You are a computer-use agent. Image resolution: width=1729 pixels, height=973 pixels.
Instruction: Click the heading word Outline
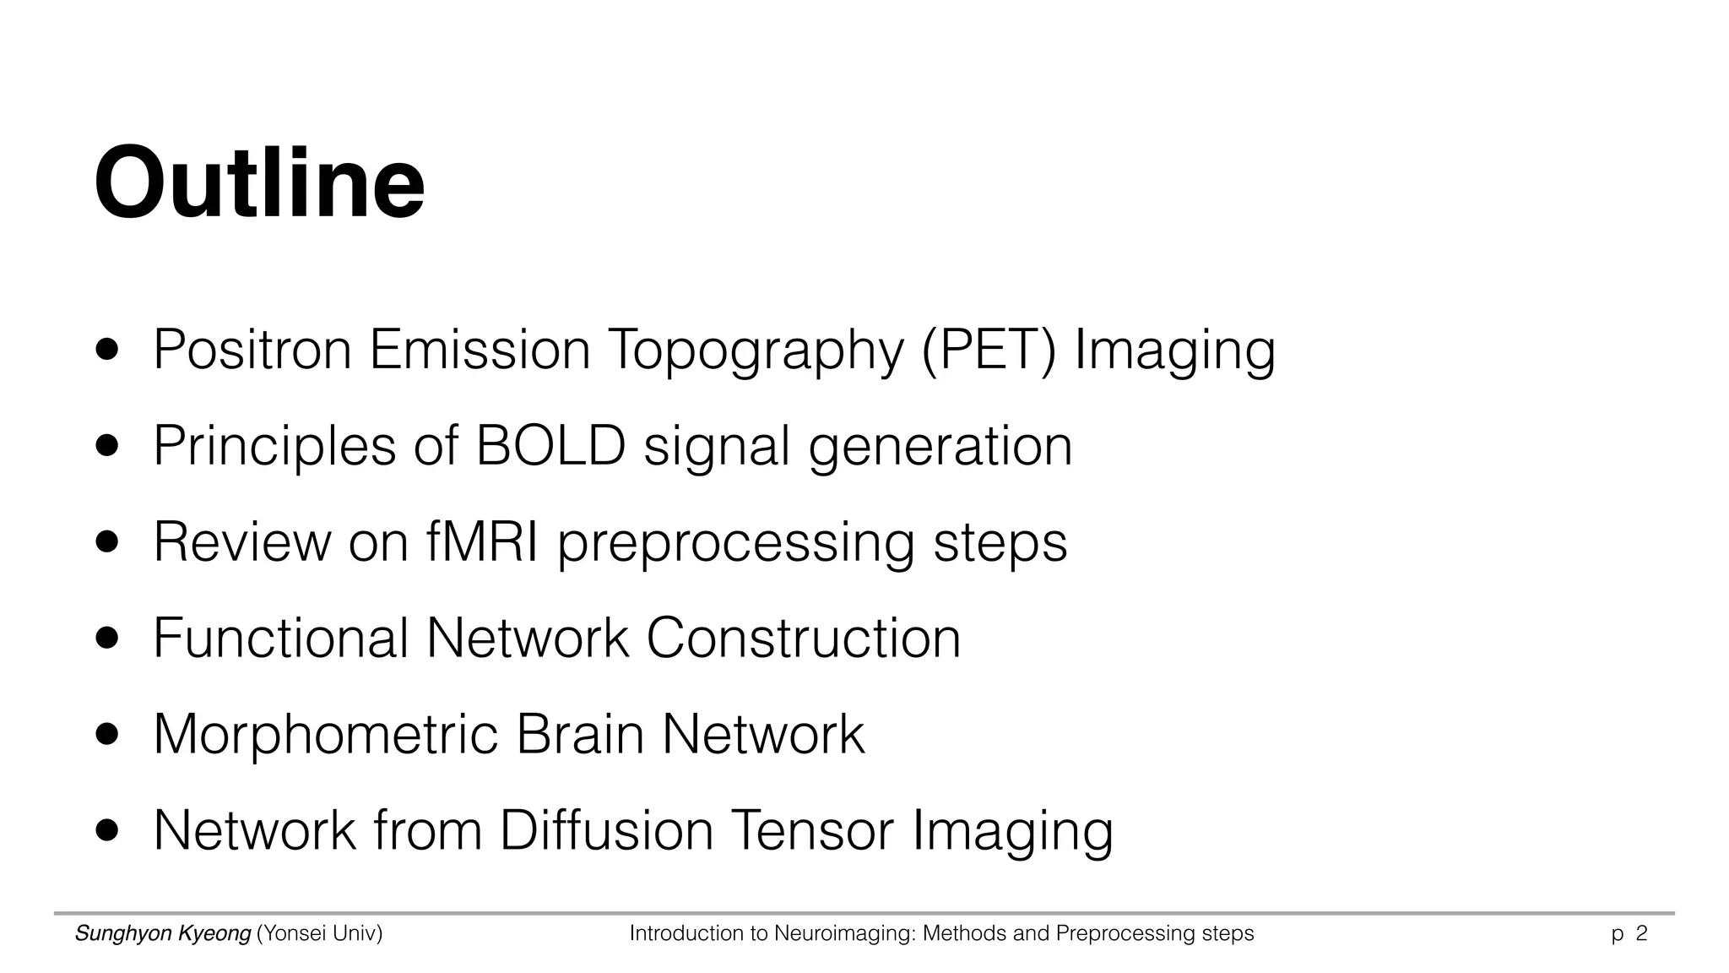point(259,182)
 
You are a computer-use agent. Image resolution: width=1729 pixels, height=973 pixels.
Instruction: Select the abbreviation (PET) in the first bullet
point(989,350)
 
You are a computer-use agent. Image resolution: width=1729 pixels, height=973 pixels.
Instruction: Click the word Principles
point(274,447)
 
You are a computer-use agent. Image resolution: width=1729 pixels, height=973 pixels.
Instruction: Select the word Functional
point(281,638)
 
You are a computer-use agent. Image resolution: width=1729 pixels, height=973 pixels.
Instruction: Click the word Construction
point(803,638)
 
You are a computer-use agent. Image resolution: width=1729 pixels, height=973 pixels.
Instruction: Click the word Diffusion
point(607,830)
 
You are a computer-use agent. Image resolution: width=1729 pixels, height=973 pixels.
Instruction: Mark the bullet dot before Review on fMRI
point(107,541)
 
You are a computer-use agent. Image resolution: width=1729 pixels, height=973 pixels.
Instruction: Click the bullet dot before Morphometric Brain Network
point(107,734)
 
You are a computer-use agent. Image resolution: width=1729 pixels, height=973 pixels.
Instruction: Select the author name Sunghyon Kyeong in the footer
point(163,934)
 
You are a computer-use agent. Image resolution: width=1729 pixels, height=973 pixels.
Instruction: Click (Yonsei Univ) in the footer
point(320,934)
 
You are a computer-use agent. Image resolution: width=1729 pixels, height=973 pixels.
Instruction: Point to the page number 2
point(1642,934)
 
